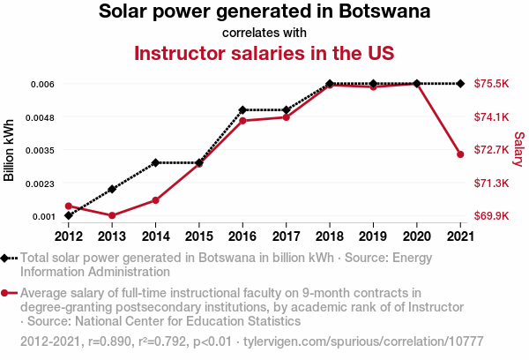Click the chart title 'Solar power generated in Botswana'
coord(264,12)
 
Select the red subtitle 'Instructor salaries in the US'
coord(264,53)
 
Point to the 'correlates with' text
coord(264,33)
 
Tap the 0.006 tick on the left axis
coord(43,84)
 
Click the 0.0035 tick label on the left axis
coord(41,150)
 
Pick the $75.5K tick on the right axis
coord(492,84)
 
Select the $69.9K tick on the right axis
coord(492,216)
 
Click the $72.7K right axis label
coord(492,150)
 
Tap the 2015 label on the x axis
coord(199,236)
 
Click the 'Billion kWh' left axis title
coord(10,149)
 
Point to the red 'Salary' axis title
coord(518,149)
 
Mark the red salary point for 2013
coord(112,215)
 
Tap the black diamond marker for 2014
coord(155,162)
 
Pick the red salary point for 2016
coord(242,120)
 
